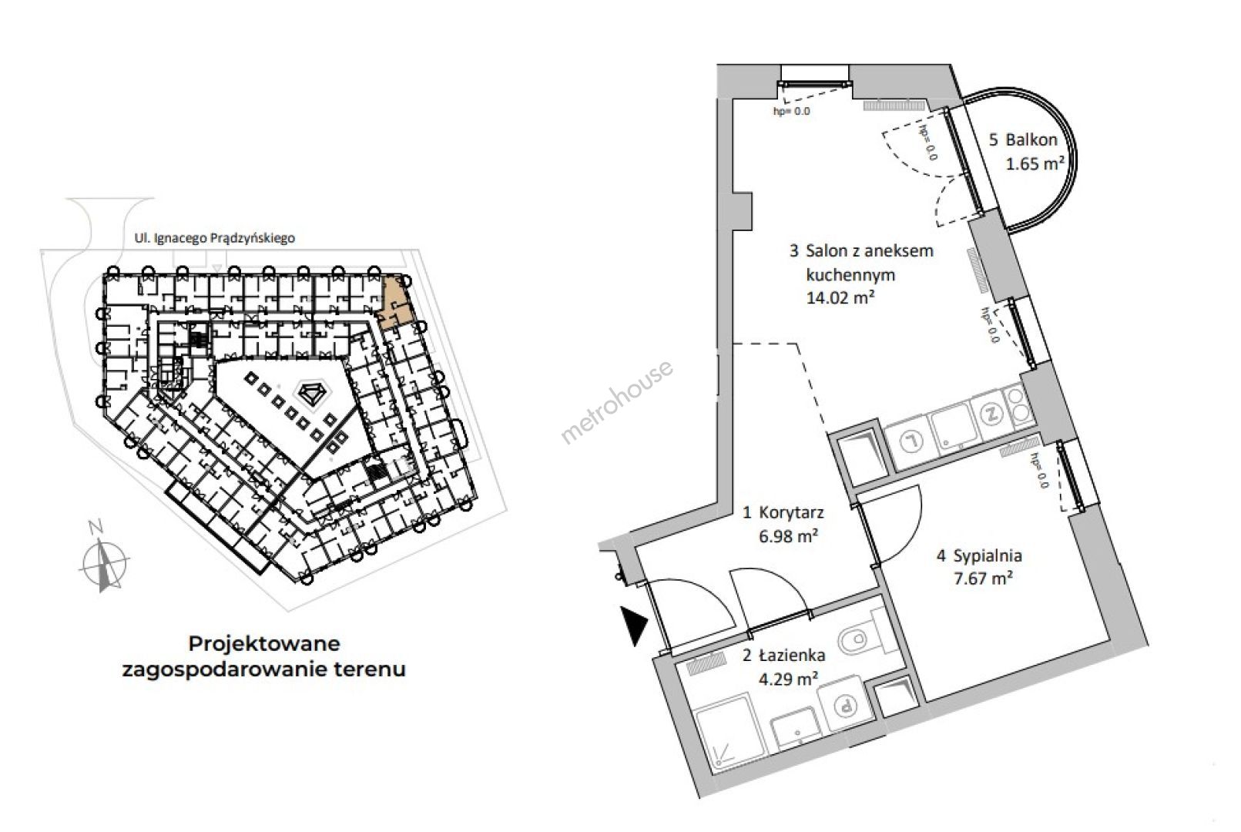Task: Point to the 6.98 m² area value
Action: point(788,536)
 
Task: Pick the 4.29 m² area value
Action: point(788,679)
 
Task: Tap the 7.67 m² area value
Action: point(984,579)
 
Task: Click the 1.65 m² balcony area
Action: point(1035,164)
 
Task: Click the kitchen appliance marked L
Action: point(911,441)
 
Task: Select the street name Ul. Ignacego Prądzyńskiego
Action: point(214,238)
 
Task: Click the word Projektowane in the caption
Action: point(264,644)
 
